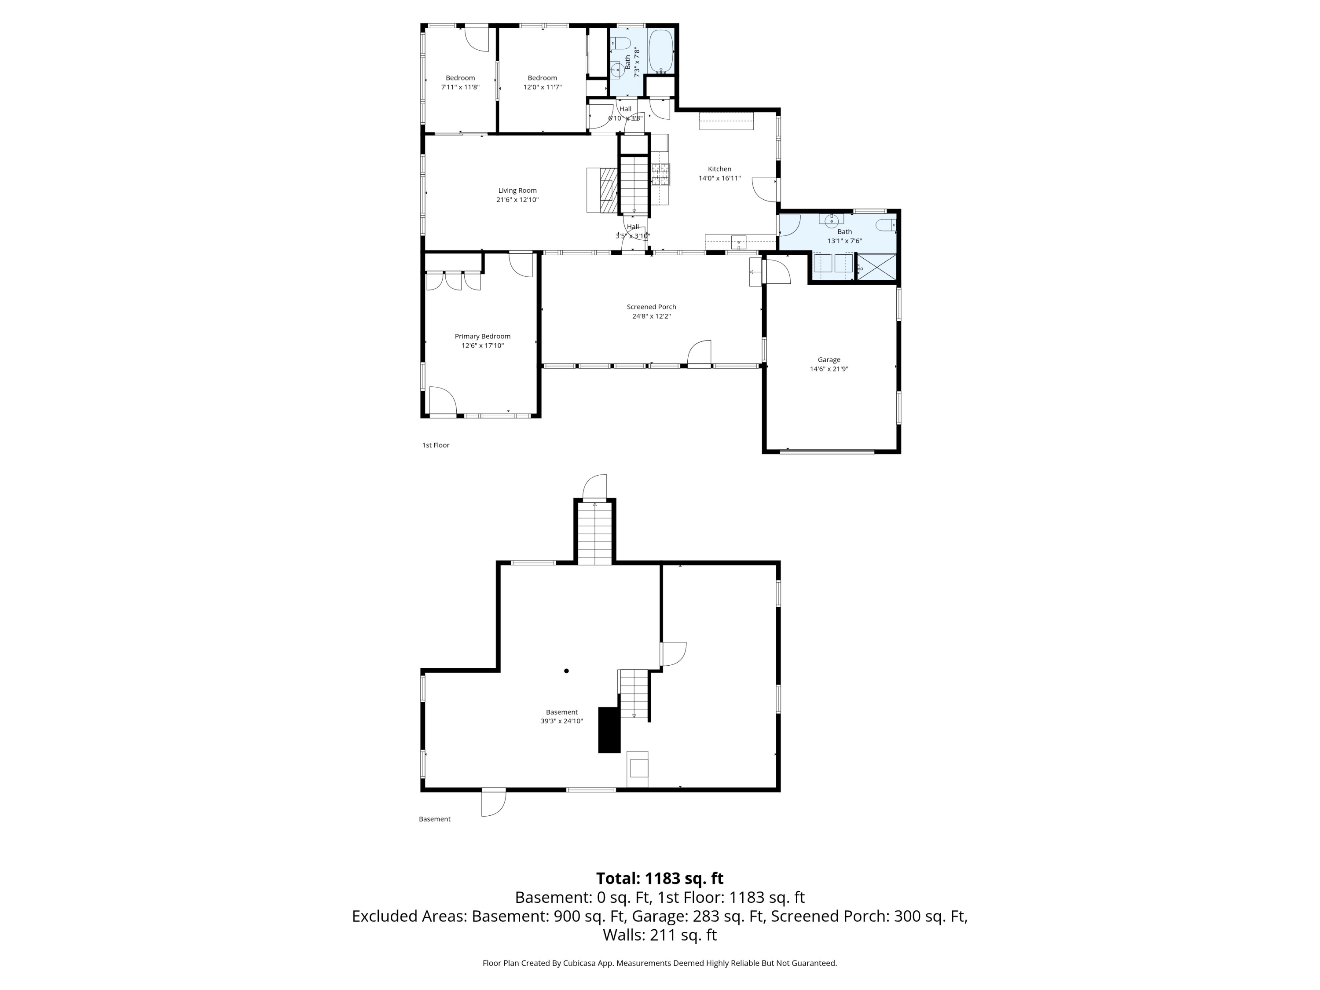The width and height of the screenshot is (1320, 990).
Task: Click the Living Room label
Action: (517, 191)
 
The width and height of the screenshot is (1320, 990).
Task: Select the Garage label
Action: (829, 360)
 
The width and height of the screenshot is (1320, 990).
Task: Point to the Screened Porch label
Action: (652, 307)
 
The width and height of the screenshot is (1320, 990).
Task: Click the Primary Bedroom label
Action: (483, 337)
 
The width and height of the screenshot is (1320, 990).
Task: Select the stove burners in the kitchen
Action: (660, 174)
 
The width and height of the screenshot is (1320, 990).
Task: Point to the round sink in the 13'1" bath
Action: (831, 221)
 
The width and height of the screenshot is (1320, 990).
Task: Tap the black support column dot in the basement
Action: (566, 671)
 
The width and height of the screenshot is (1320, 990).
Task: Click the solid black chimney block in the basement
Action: (609, 730)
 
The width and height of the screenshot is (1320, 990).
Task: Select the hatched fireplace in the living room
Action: (608, 190)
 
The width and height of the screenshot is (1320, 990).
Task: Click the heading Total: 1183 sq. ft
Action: (660, 878)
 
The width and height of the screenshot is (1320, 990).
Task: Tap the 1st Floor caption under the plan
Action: (436, 445)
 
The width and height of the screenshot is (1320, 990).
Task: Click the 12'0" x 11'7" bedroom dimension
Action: (543, 87)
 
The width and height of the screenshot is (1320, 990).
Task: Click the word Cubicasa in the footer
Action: (578, 963)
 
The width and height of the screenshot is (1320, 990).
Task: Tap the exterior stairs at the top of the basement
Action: (595, 533)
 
